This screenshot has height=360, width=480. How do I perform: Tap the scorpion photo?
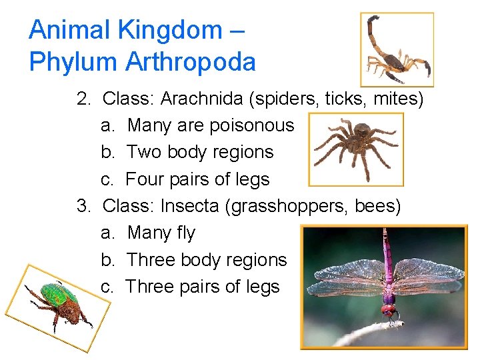coord(397,50)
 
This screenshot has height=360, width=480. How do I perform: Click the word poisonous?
coord(253,125)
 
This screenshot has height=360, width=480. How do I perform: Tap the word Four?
coord(143,179)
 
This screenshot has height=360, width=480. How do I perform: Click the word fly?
coord(184,233)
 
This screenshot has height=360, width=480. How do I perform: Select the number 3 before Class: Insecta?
coord(83,206)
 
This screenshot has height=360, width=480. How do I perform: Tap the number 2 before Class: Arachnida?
coord(83,99)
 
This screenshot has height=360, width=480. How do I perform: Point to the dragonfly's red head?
coord(388,310)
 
